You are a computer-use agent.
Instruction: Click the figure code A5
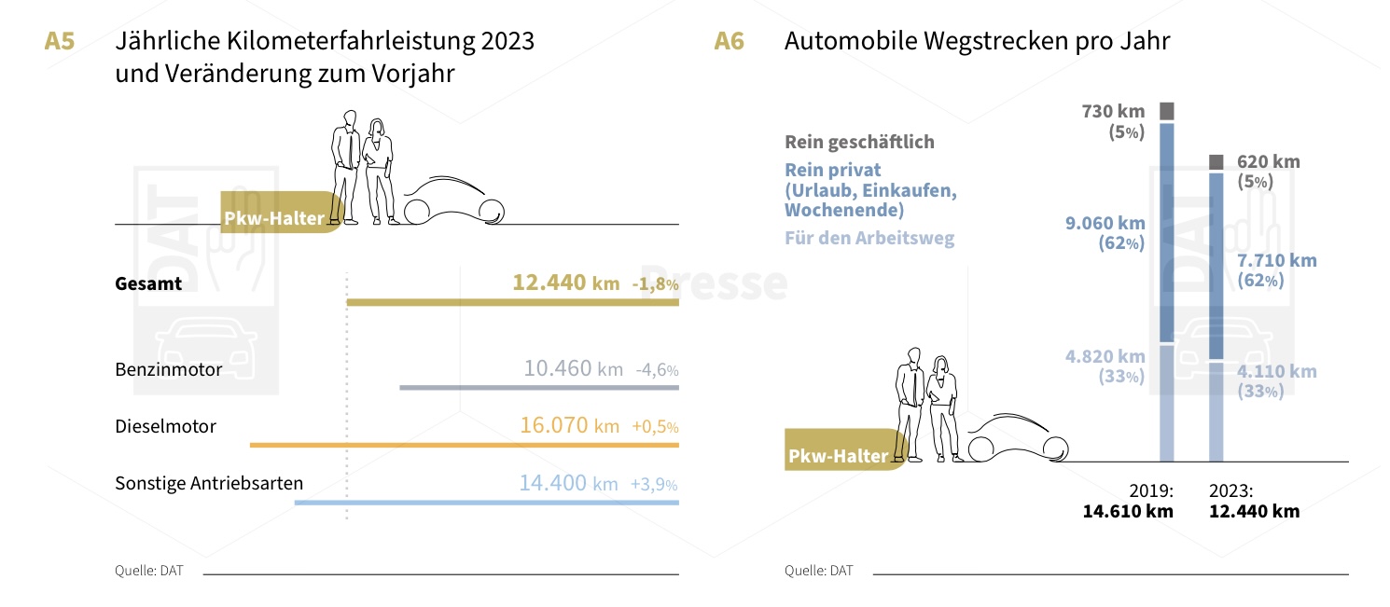coord(60,42)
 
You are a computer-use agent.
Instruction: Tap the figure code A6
coord(729,42)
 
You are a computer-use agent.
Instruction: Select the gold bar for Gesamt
coord(512,302)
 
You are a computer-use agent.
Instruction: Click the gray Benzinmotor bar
coord(539,387)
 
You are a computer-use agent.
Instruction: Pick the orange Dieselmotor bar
coord(465,445)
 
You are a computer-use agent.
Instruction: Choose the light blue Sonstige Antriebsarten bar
coord(486,503)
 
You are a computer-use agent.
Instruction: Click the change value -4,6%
coord(657,369)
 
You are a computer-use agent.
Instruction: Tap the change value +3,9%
coord(654,485)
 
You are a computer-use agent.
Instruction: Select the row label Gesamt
coord(148,283)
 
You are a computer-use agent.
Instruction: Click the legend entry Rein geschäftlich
coord(859,143)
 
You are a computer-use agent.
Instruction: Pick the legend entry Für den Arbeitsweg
coord(869,238)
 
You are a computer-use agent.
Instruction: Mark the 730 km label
coord(1113,112)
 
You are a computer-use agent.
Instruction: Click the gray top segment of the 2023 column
coord(1216,162)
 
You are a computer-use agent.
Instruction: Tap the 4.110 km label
coord(1277,372)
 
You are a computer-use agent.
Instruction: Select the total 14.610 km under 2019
coord(1128,511)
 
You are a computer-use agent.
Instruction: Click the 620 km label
coord(1268,162)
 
